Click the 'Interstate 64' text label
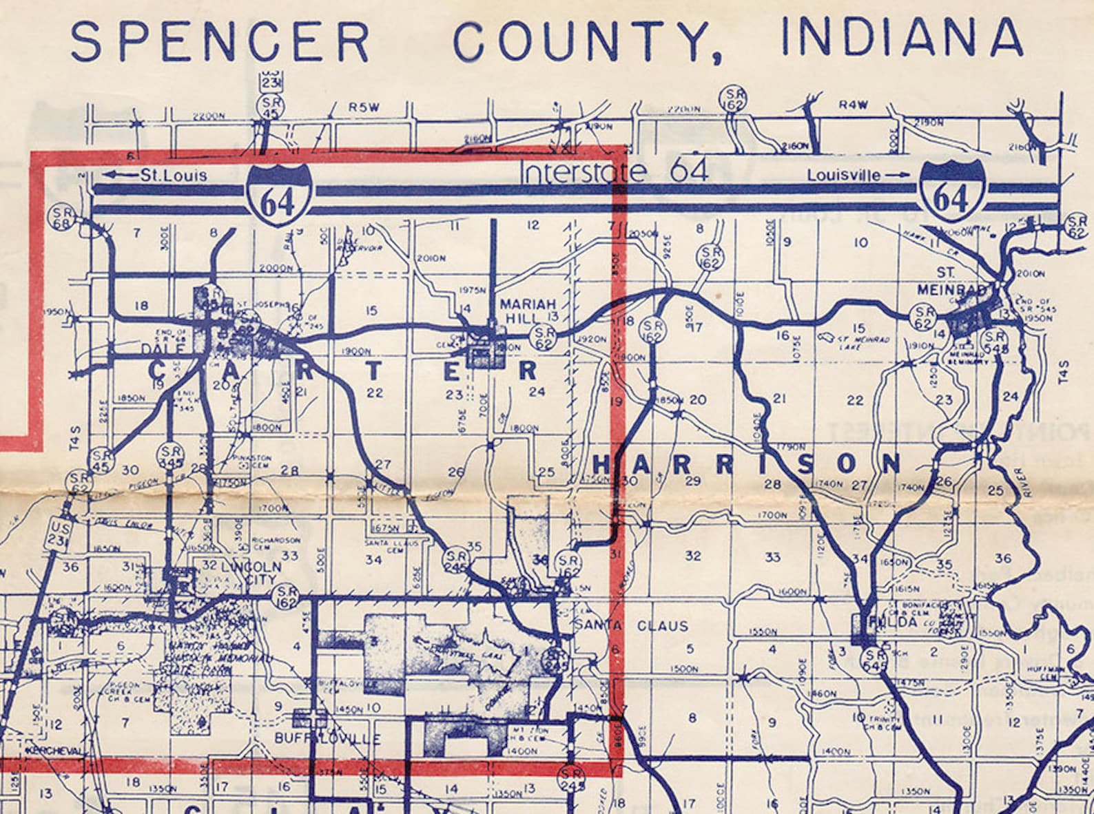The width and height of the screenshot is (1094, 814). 615,171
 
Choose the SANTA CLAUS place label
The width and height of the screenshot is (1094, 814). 632,626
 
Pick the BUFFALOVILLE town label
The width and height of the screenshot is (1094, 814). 327,739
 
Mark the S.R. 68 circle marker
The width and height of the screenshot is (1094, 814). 61,218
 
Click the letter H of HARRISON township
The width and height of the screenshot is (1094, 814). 601,465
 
